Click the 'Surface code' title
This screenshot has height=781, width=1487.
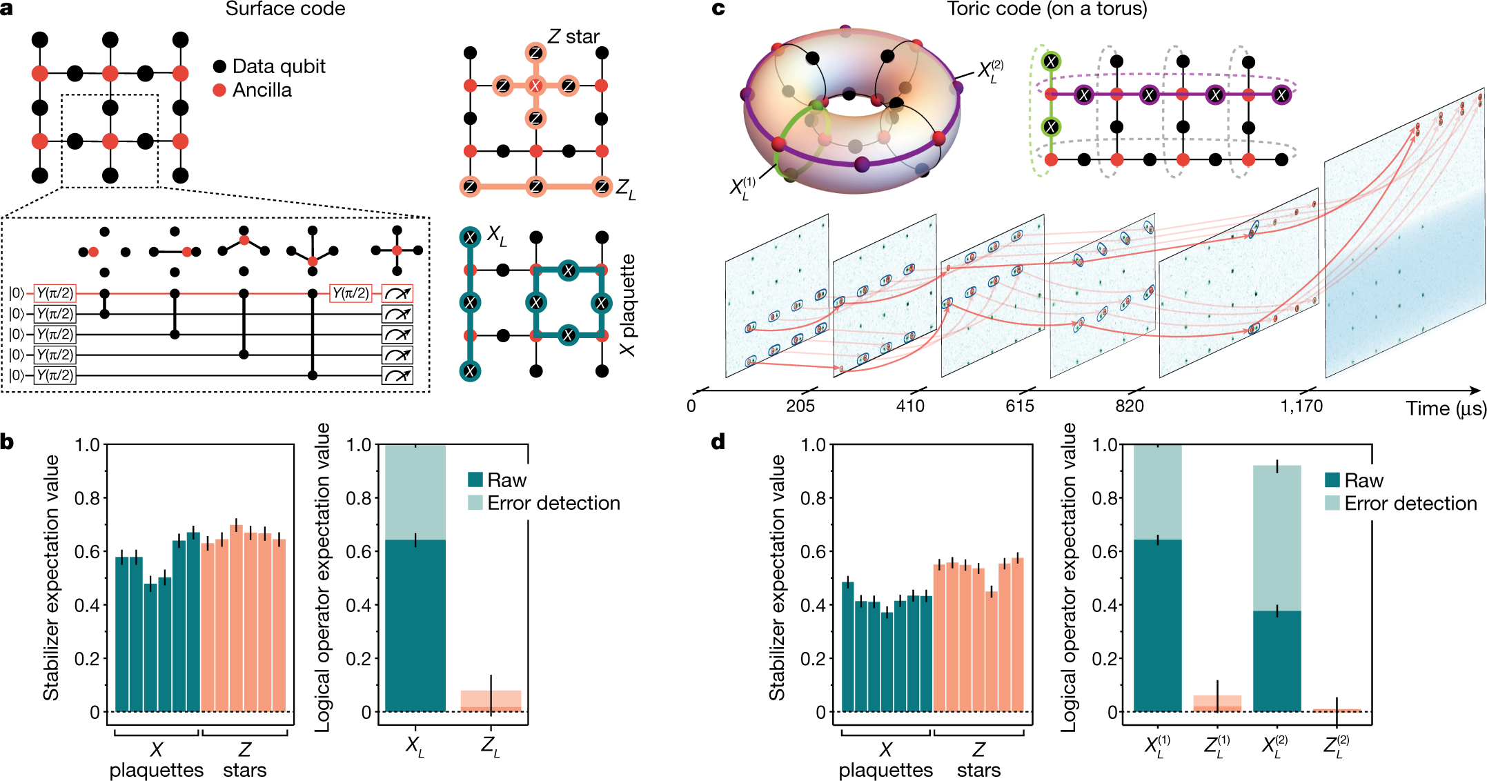coord(285,9)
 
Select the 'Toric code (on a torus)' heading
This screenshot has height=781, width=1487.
coord(1047,9)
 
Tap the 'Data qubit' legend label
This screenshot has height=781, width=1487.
coord(278,66)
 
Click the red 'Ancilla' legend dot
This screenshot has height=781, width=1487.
coord(219,90)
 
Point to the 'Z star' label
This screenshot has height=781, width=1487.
coord(573,37)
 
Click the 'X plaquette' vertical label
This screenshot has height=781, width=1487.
coord(627,304)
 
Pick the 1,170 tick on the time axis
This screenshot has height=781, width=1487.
coord(1301,406)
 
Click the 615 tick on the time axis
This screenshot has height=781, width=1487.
coord(1020,406)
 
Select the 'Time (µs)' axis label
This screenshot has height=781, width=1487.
coord(1446,408)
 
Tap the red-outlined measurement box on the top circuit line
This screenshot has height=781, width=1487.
coord(397,293)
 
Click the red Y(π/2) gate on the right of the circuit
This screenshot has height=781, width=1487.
coord(351,293)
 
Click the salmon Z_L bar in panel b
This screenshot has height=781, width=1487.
coord(491,701)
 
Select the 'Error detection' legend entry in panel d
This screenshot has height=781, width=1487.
coord(1410,503)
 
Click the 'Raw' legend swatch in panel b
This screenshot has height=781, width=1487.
coord(475,480)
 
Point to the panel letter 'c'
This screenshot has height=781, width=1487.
coord(718,9)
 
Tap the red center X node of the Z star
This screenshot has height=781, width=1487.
coord(535,86)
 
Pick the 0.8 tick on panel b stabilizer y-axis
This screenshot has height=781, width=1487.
coord(88,497)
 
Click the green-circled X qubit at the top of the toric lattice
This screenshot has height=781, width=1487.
coord(1050,61)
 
